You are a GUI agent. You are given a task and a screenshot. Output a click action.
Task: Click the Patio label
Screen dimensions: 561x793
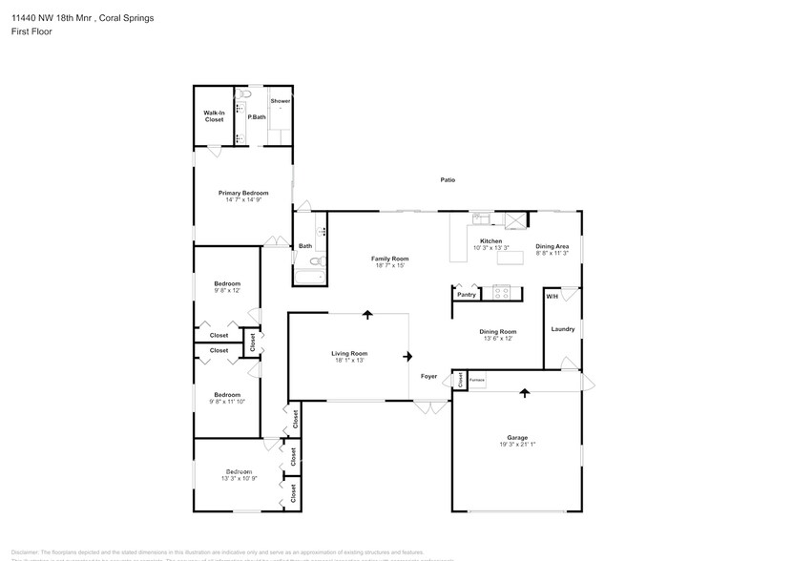[x=447, y=179]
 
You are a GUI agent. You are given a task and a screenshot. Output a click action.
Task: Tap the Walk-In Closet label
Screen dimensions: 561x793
[x=214, y=116]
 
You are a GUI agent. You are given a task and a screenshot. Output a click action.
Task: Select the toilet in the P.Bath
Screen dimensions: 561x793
[x=244, y=95]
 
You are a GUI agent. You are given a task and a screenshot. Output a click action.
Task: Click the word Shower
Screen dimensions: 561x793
[x=280, y=101]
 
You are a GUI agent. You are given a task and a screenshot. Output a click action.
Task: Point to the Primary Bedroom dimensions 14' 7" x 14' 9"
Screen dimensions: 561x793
[x=242, y=200]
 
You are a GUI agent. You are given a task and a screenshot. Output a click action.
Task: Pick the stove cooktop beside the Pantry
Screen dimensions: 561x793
[x=501, y=293]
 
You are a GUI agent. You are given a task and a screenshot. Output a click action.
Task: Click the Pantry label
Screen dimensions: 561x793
[x=466, y=295]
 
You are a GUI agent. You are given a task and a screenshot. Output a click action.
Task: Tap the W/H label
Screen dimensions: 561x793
[x=552, y=297]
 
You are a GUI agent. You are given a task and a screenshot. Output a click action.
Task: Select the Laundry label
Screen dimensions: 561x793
[x=562, y=329]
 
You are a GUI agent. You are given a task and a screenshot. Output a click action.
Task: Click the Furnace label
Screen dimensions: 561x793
[x=477, y=380]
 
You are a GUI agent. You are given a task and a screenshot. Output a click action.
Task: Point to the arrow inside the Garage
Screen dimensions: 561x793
[x=524, y=391]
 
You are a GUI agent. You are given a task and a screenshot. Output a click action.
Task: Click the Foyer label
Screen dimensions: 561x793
[x=429, y=376]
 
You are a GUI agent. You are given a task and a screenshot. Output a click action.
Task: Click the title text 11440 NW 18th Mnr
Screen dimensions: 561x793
[x=53, y=17]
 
